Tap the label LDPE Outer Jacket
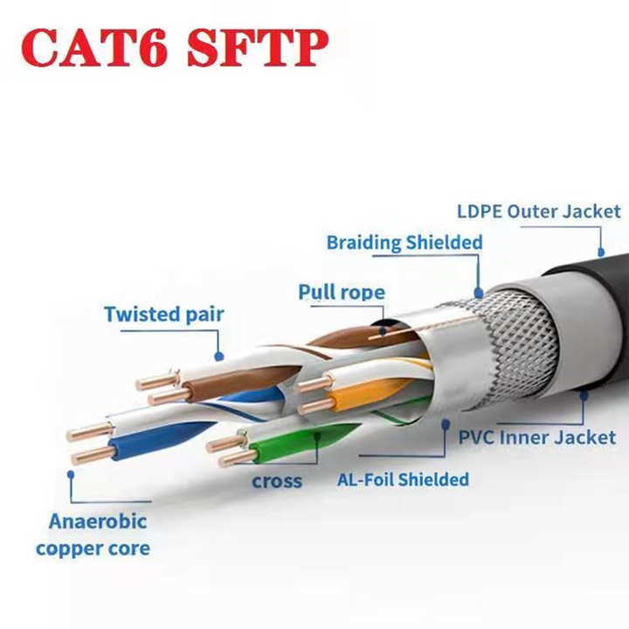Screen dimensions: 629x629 539,211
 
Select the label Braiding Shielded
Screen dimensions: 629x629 404,243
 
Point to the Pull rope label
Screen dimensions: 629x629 342,292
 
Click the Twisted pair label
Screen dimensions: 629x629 164,314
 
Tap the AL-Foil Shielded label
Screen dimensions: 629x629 403,479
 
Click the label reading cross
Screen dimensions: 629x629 277,481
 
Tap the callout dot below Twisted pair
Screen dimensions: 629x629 219,356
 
